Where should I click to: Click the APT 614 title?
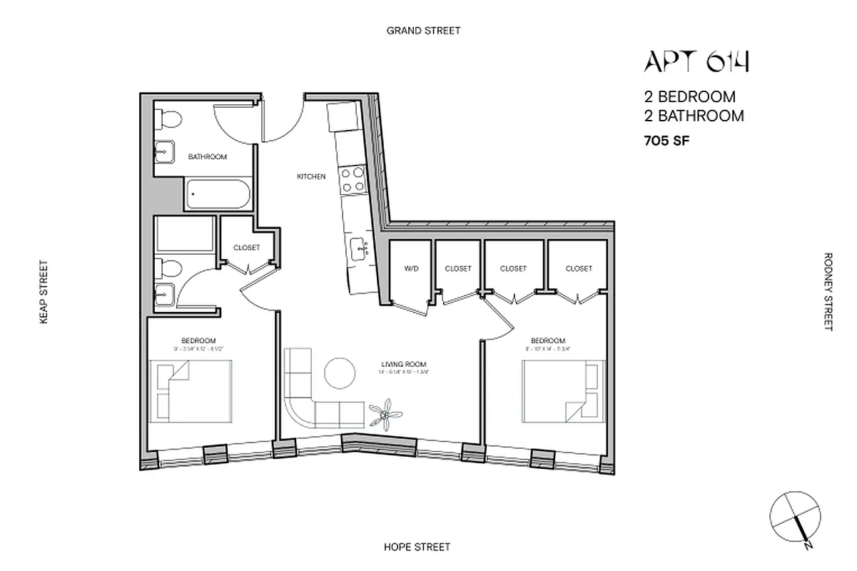(696, 63)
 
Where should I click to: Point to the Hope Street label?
(417, 547)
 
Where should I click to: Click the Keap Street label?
(44, 292)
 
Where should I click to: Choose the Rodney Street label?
(828, 291)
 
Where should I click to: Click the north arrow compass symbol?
(793, 518)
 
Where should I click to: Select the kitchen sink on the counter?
(358, 248)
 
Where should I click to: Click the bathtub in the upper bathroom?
(218, 195)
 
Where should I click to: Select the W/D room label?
(411, 269)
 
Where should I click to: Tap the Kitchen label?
(312, 176)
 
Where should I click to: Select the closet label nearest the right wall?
(579, 269)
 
